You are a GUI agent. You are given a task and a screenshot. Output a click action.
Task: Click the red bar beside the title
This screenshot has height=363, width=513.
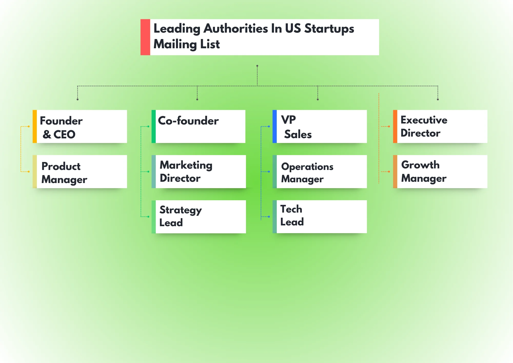[145, 37]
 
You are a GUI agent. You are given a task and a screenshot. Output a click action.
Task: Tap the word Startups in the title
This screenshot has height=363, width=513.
[329, 28]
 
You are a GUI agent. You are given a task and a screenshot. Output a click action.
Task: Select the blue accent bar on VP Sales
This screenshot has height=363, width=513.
[274, 127]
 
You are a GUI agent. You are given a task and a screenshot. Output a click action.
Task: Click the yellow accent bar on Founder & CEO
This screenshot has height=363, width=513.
[35, 127]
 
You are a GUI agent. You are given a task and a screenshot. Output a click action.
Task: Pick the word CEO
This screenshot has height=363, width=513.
[64, 135]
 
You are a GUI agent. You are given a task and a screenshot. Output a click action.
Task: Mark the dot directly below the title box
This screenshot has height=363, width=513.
[257, 66]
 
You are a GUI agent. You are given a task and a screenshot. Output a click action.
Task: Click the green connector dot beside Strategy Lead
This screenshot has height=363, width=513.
[149, 217]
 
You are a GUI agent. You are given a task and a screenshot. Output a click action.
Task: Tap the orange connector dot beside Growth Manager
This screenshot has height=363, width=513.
[389, 171]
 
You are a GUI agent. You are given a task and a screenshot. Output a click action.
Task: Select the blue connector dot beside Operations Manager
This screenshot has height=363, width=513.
[269, 171]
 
